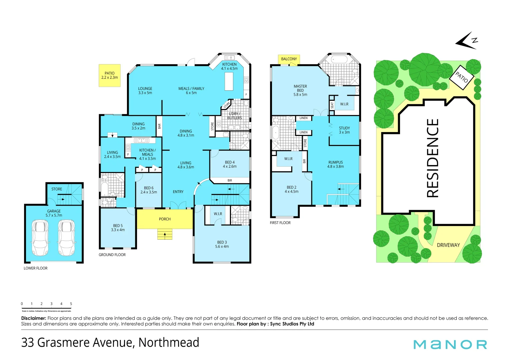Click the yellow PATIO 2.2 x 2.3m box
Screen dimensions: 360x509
pyautogui.click(x=109, y=75)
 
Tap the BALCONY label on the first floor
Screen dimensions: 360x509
pyautogui.click(x=289, y=59)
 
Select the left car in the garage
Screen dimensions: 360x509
pyautogui.click(x=40, y=238)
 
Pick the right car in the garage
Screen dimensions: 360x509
pyautogui.click(x=66, y=238)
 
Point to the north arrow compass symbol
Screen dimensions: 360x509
pyautogui.click(x=467, y=41)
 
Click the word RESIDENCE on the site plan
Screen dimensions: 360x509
pyautogui.click(x=433, y=158)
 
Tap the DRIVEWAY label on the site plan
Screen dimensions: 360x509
pyautogui.click(x=448, y=245)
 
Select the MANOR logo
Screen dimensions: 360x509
pyautogui.click(x=450, y=344)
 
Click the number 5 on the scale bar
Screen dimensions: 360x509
pyautogui.click(x=71, y=304)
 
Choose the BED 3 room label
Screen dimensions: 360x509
pyautogui.click(x=222, y=244)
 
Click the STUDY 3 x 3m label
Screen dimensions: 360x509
pyautogui.click(x=344, y=130)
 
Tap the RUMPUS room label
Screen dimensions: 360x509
pyautogui.click(x=335, y=164)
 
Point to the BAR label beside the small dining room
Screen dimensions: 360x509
pyautogui.click(x=159, y=126)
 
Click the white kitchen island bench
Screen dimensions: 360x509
pyautogui.click(x=229, y=81)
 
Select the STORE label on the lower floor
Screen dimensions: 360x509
pyautogui.click(x=57, y=189)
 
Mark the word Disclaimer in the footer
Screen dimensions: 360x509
pyautogui.click(x=33, y=318)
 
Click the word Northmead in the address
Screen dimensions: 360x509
pyautogui.click(x=169, y=343)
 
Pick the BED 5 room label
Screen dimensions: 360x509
pyautogui.click(x=118, y=228)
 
